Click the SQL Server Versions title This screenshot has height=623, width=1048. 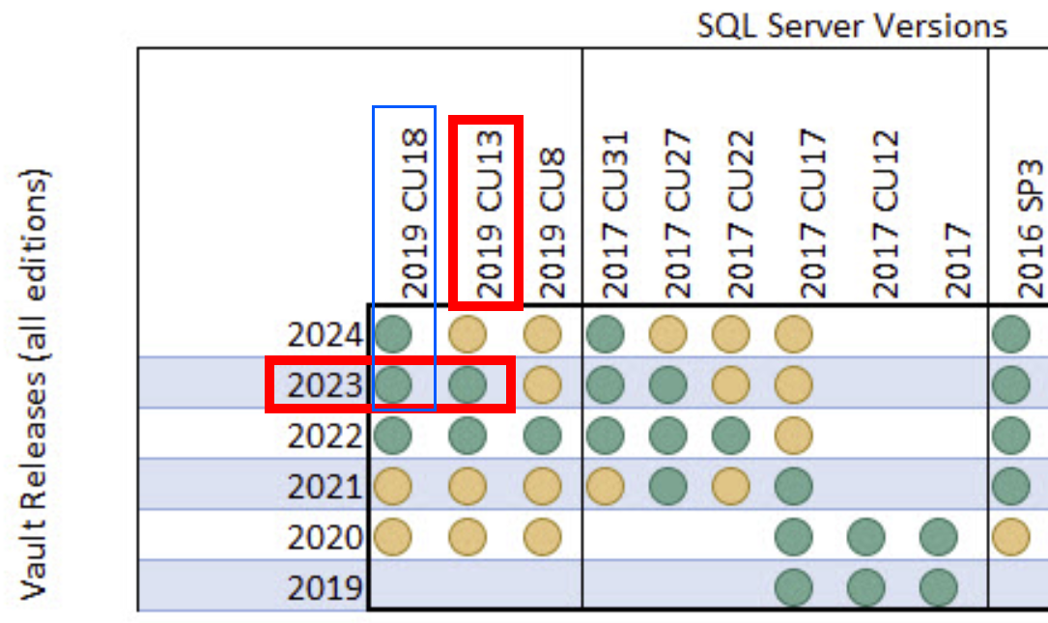[852, 26]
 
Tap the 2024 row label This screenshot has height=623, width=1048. [325, 335]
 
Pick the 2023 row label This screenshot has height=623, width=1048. [325, 385]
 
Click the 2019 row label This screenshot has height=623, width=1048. [325, 586]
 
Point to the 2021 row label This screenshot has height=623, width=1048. [325, 486]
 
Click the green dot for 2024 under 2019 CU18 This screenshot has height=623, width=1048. [393, 335]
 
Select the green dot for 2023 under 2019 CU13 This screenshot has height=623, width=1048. [468, 385]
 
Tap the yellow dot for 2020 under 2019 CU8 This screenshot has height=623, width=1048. [543, 536]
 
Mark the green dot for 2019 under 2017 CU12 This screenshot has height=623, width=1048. [866, 586]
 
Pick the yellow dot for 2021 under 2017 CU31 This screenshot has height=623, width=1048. [605, 486]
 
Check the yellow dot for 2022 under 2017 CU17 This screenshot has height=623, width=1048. [794, 436]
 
